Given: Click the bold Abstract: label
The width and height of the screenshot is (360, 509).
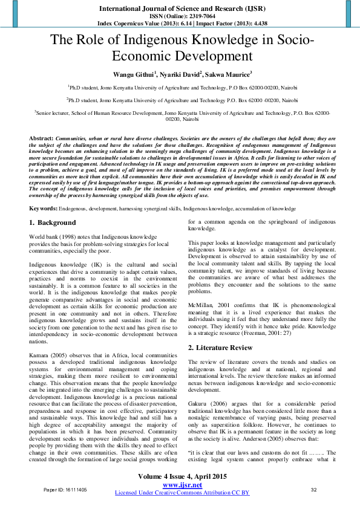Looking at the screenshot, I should click(41, 138).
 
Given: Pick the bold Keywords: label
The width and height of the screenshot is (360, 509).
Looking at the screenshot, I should click(43, 209).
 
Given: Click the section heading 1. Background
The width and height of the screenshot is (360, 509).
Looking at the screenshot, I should click(53, 223).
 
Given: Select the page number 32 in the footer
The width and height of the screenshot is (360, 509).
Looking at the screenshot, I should click(313, 490).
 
